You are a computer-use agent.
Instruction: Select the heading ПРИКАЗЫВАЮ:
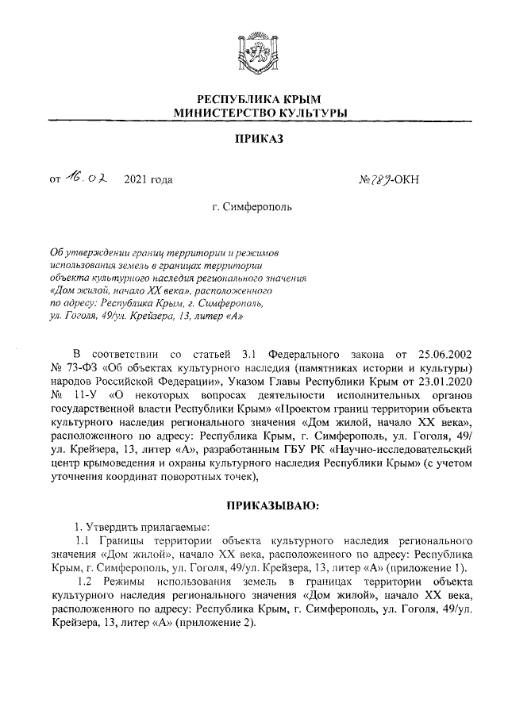click(x=273, y=504)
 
